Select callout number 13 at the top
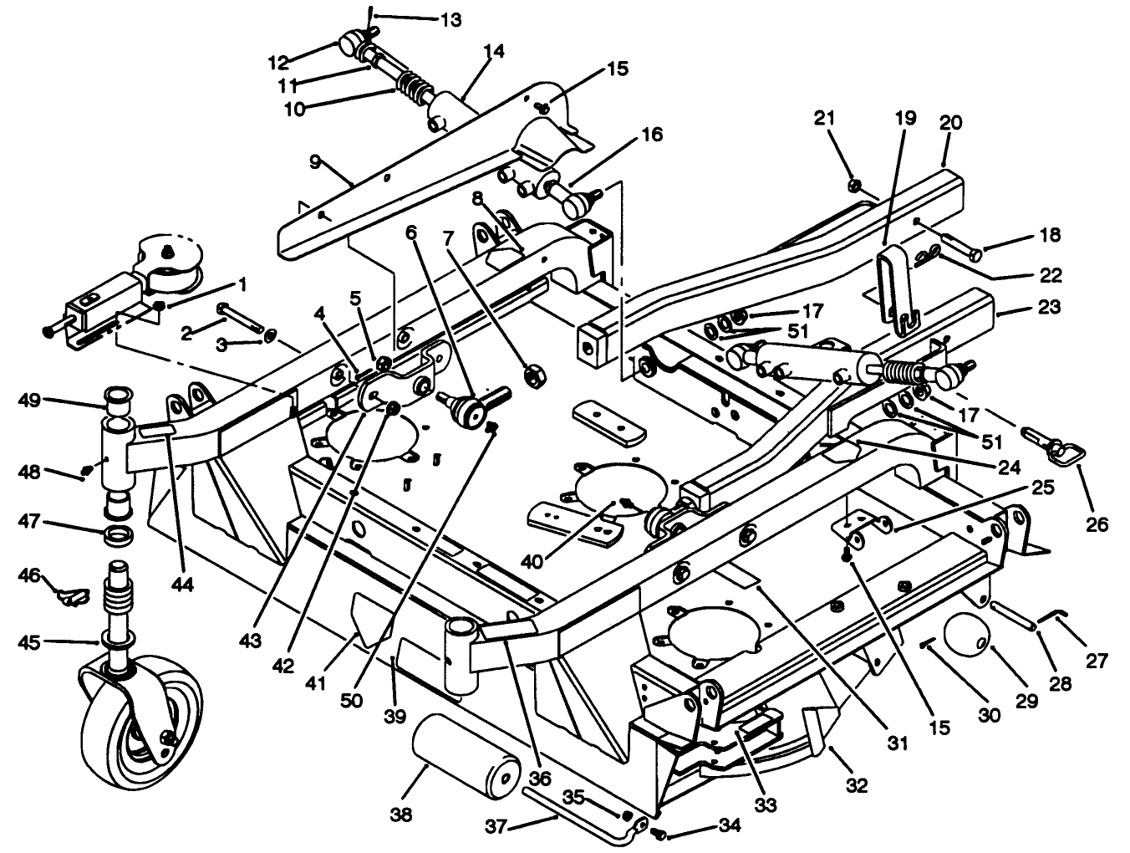click(450, 19)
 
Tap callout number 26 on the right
click(1097, 524)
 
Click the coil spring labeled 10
click(411, 87)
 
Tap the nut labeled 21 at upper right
click(856, 184)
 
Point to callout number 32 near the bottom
click(857, 785)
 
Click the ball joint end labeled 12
click(350, 39)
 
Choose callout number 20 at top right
click(950, 123)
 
